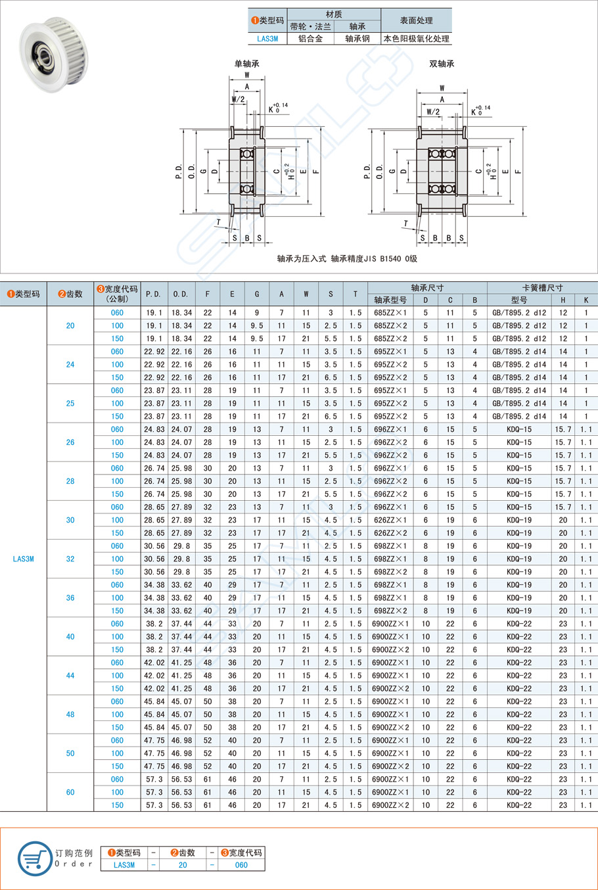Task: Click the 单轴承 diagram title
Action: pyautogui.click(x=247, y=64)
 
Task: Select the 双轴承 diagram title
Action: pyautogui.click(x=442, y=64)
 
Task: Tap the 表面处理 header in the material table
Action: pyautogui.click(x=416, y=20)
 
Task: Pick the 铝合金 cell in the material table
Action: pyautogui.click(x=310, y=39)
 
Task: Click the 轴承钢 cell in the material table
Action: pyautogui.click(x=357, y=39)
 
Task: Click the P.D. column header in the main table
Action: pyautogui.click(x=154, y=294)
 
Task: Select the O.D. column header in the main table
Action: pyautogui.click(x=181, y=294)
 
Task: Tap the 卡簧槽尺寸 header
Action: pyautogui.click(x=542, y=288)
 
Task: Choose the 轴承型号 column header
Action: pyautogui.click(x=390, y=300)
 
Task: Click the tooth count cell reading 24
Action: pyautogui.click(x=70, y=365)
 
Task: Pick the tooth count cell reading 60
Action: pyautogui.click(x=70, y=792)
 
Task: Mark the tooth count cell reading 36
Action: pyautogui.click(x=70, y=598)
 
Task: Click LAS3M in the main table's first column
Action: pyautogui.click(x=23, y=559)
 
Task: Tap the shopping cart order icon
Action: pyautogui.click(x=34, y=858)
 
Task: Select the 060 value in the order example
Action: pyautogui.click(x=241, y=865)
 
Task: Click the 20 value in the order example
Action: pyautogui.click(x=183, y=865)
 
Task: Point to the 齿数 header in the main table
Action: pyautogui.click(x=70, y=294)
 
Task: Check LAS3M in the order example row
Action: pyautogui.click(x=124, y=865)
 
